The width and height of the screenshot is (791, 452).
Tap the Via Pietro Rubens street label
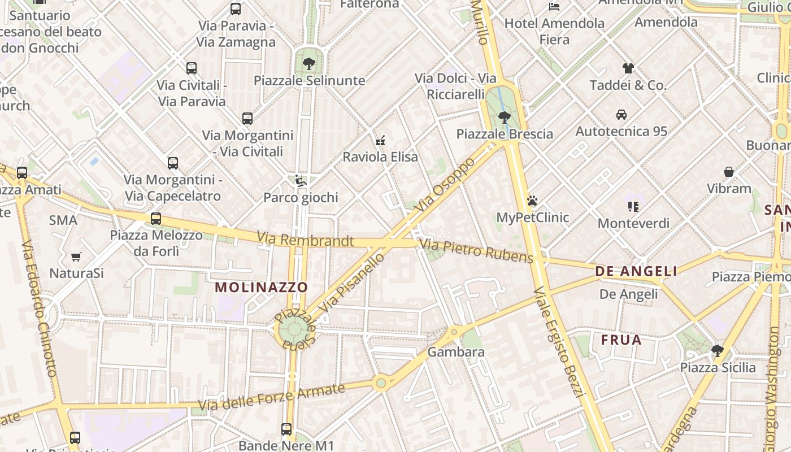coord(476,251)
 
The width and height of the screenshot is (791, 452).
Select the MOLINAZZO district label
coord(261,287)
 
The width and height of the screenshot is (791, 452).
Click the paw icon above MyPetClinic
coord(532,201)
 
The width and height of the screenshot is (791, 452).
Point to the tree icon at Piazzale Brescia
coord(505,118)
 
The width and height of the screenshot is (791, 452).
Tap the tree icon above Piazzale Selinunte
coord(308,64)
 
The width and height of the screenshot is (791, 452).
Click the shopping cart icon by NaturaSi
coord(76,257)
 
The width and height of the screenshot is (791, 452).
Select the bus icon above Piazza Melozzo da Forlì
coord(156,219)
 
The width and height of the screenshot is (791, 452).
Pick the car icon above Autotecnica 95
coord(621,115)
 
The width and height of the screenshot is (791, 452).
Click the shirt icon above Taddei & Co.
coord(628,68)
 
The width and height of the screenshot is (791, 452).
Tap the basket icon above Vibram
coord(729,172)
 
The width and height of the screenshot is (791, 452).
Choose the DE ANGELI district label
coord(636,271)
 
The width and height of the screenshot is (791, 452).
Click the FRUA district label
coord(621,340)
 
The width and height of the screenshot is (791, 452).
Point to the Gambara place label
coord(456,352)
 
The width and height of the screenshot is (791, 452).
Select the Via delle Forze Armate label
coord(271,397)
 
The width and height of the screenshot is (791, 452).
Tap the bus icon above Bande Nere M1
coord(286,429)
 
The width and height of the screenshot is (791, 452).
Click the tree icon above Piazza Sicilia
coord(717,351)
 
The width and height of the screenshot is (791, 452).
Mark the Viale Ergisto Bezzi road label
coord(558,341)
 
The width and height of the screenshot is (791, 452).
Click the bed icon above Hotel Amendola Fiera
coord(554,7)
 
